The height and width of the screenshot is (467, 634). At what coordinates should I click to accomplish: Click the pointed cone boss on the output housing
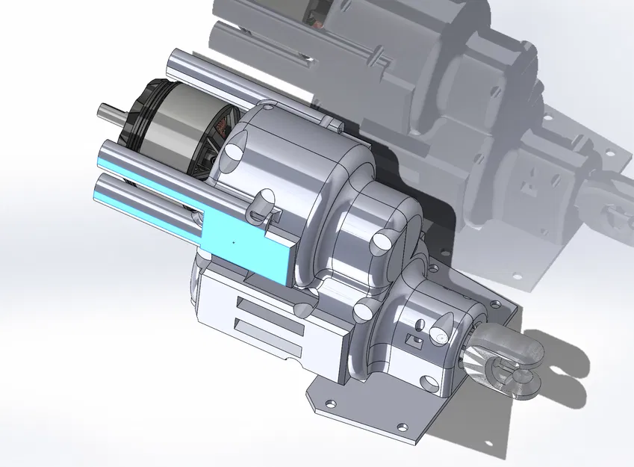click(441, 328)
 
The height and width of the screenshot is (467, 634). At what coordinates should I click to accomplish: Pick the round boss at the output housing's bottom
click(432, 383)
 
